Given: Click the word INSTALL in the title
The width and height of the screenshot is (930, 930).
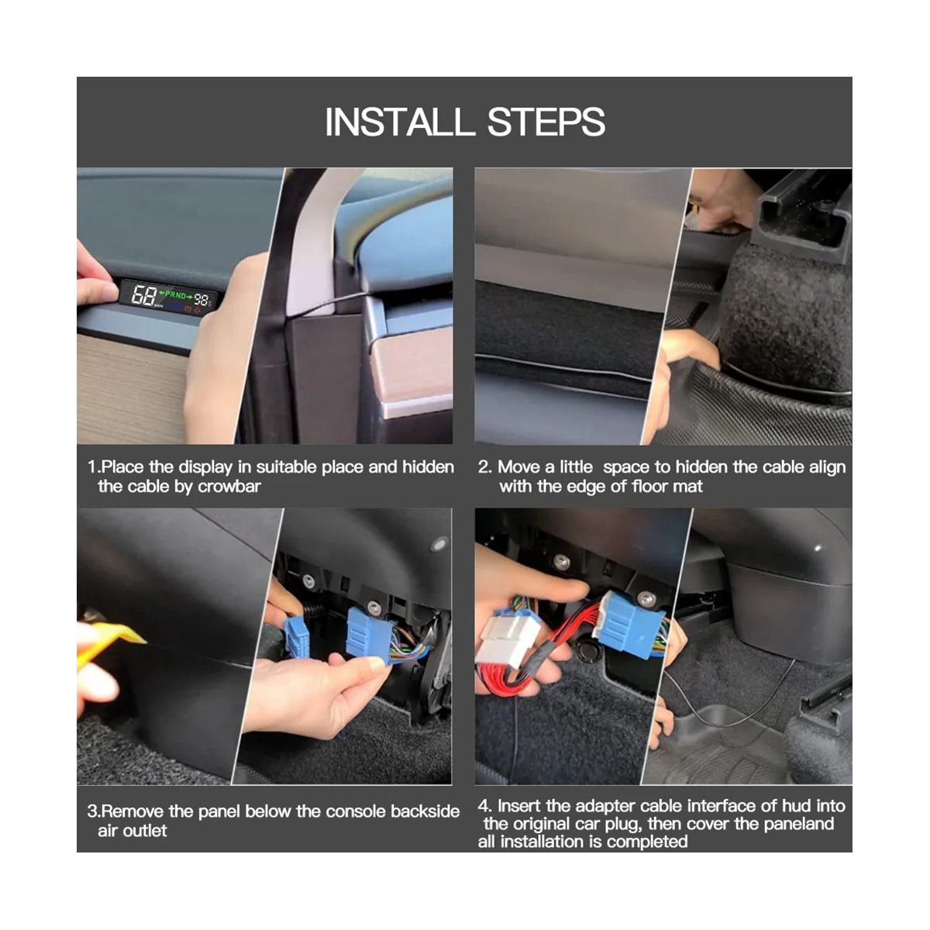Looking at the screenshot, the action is [x=400, y=122].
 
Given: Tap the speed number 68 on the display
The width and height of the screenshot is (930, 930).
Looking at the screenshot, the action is [x=143, y=294].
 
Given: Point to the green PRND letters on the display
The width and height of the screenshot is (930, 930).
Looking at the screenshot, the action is [x=176, y=294].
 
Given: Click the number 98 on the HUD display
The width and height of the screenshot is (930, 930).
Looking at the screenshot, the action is [x=201, y=300].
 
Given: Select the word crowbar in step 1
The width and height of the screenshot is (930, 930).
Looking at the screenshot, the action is [x=229, y=487].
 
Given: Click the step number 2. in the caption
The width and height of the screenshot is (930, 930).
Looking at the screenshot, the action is [x=484, y=467].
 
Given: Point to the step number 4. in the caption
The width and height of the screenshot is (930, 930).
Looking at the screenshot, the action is [x=484, y=805].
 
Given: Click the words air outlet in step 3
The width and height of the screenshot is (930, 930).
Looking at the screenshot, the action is [x=133, y=831].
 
